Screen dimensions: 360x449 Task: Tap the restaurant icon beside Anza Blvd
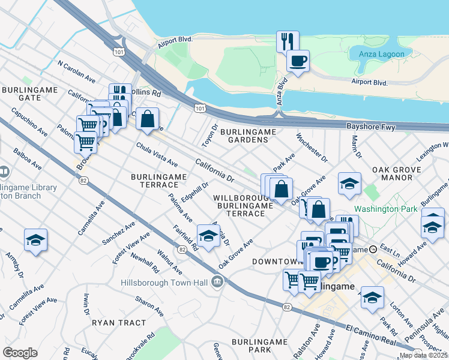(287, 41)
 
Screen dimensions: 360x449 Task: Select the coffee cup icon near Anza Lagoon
(298, 60)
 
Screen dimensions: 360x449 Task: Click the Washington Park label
(384, 209)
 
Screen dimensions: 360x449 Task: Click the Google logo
(19, 352)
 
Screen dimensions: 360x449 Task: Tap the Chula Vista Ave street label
(157, 154)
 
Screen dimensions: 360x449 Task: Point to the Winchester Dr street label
(311, 148)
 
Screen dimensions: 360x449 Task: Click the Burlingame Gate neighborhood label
(29, 94)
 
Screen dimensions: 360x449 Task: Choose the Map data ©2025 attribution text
(424, 355)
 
